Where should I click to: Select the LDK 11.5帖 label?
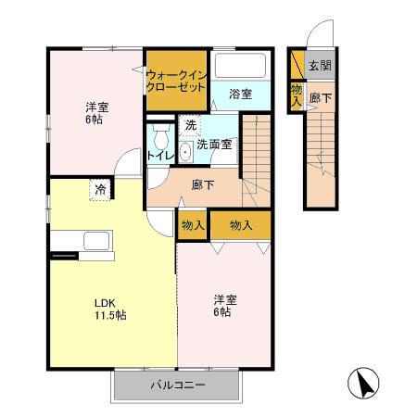[108, 309]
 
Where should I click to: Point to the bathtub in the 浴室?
[239, 66]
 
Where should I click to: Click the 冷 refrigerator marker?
[99, 192]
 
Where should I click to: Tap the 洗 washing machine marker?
[190, 125]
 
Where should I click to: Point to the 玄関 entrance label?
[320, 66]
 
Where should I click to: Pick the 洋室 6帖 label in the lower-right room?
[225, 307]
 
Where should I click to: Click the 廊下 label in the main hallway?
[204, 184]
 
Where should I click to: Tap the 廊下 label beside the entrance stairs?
[320, 97]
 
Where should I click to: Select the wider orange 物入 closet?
[241, 225]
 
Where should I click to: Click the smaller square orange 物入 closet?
[193, 225]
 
